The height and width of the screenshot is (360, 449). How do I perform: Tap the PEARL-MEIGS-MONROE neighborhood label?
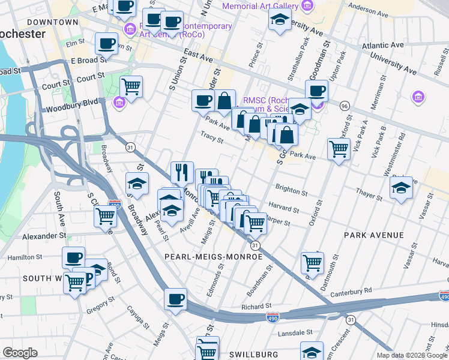click(214, 256)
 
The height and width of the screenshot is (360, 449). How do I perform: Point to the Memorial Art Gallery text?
click(260, 6)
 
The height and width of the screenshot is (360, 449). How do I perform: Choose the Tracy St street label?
click(212, 139)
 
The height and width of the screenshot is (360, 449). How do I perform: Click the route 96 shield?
click(345, 106)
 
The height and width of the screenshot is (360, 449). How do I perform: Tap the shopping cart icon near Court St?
click(131, 85)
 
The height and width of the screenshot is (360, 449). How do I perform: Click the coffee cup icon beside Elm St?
click(106, 43)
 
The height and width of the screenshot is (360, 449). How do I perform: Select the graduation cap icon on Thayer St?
click(400, 188)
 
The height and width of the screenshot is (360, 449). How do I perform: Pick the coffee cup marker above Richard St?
click(175, 299)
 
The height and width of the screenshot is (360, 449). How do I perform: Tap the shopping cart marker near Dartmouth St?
click(312, 262)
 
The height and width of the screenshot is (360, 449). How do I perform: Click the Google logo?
click(20, 353)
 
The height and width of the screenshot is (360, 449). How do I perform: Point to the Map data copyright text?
click(412, 355)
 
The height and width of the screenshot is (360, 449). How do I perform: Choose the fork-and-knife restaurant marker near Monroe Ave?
click(181, 172)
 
